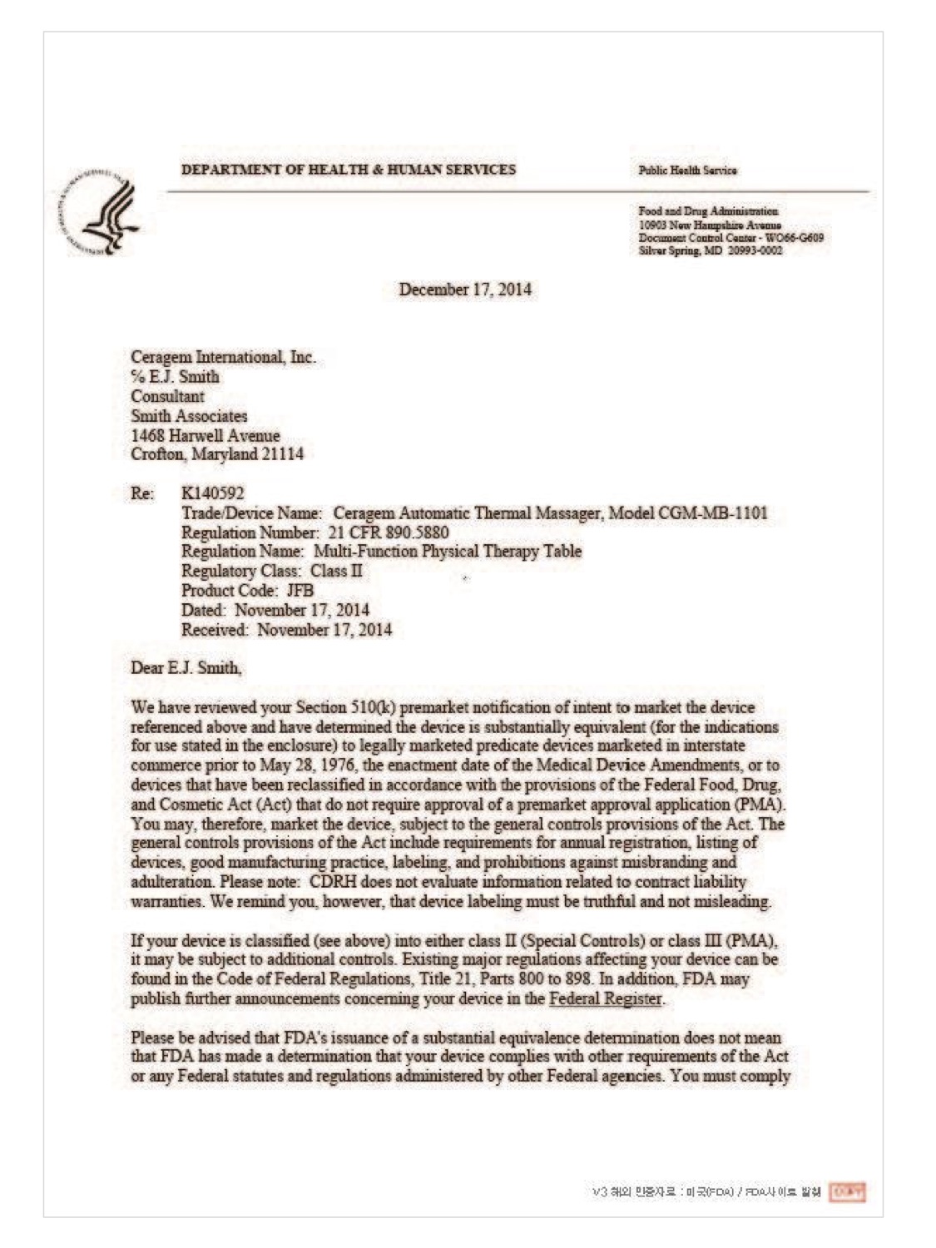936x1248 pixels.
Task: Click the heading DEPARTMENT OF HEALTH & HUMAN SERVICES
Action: point(349,170)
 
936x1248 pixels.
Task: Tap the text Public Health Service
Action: point(687,171)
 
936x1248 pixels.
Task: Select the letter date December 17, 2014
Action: point(465,290)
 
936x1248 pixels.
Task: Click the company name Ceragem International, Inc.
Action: point(223,357)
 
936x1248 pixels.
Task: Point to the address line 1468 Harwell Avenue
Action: point(206,435)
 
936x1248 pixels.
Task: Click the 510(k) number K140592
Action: point(213,493)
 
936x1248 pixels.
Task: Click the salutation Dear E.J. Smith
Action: point(186,667)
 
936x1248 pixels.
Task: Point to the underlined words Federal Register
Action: point(606,998)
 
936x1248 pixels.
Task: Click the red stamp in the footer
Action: point(848,1192)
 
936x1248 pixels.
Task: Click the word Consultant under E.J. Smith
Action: point(167,396)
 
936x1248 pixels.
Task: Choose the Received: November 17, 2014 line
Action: point(286,630)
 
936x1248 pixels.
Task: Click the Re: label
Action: point(142,493)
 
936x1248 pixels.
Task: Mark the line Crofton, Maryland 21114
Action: point(217,454)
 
